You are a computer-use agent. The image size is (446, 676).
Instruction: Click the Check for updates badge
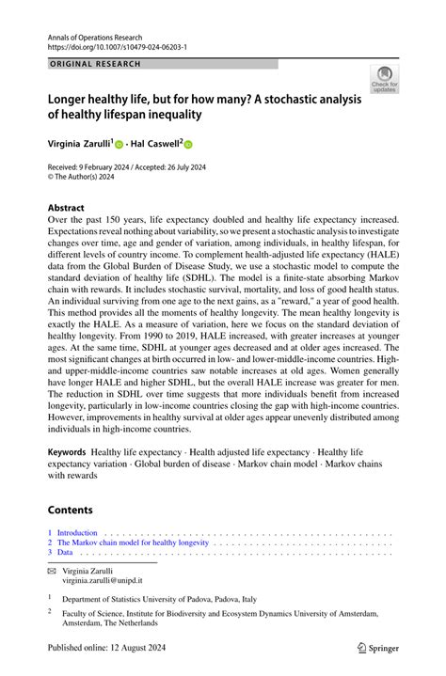click(384, 79)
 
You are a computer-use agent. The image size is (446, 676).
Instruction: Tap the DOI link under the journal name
click(117, 44)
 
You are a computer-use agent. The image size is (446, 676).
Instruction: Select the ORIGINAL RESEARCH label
click(94, 64)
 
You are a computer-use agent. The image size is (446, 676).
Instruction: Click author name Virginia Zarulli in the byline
click(78, 146)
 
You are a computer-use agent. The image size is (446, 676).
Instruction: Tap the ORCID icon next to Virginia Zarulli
click(119, 146)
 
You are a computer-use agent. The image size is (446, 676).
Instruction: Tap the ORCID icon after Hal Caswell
click(187, 146)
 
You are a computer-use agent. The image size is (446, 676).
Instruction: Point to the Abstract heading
click(66, 208)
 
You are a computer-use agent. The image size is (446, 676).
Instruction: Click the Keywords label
click(68, 452)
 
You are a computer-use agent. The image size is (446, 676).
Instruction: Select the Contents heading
click(71, 510)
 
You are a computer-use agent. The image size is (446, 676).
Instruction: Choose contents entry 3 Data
click(60, 553)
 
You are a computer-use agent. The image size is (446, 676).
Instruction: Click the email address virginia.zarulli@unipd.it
click(103, 580)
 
